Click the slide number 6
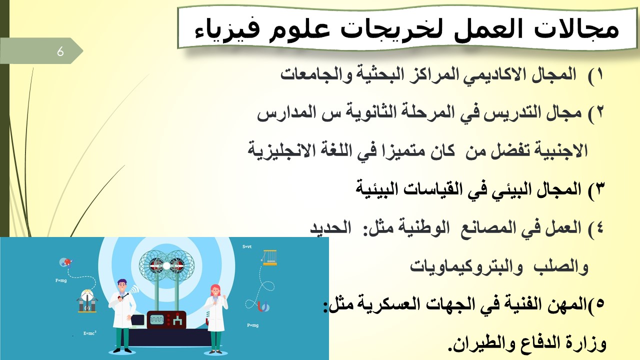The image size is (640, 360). [60, 51]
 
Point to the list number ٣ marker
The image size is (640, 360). [595, 190]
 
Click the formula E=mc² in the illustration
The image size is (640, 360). [89, 333]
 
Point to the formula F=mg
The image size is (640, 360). [61, 280]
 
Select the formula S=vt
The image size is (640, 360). [247, 246]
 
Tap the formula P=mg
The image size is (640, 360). [253, 325]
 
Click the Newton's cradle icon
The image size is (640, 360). [269, 257]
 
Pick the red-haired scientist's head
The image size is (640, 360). [215, 290]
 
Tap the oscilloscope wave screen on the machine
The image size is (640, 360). [157, 319]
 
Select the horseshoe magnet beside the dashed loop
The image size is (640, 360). [263, 306]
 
